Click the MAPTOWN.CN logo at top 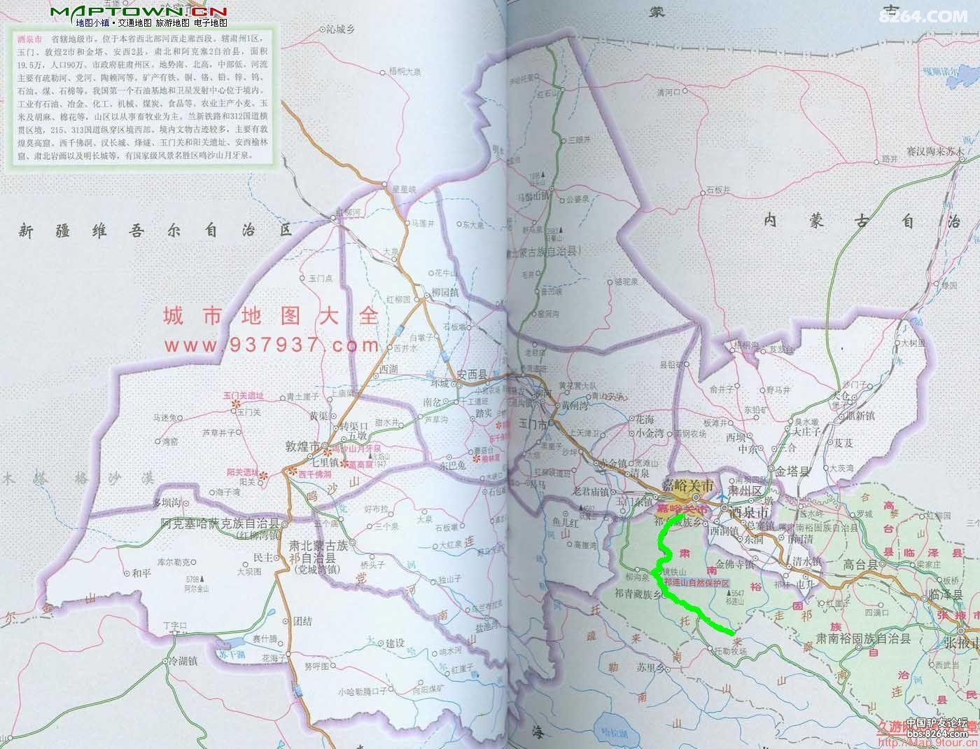139,12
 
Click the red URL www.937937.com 272,345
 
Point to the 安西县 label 471,374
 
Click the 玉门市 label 533,424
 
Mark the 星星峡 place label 404,188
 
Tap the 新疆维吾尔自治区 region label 154,230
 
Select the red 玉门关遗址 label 244,395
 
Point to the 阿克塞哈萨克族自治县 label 220,523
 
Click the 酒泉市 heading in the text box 29,41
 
